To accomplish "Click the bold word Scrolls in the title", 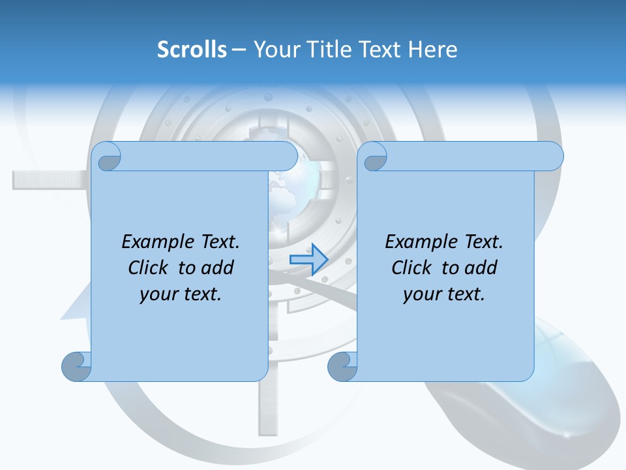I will click(192, 50).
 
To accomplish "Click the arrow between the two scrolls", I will click(308, 260).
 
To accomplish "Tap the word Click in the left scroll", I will click(147, 268).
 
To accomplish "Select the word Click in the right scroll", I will click(411, 268).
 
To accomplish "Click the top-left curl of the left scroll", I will click(107, 157).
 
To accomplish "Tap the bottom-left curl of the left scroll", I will click(77, 366).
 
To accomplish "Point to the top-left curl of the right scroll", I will click(373, 157).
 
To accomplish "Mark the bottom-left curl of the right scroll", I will click(342, 366).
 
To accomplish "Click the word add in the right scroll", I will click(481, 268).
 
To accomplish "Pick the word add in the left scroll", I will click(217, 268).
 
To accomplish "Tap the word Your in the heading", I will click(275, 50).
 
